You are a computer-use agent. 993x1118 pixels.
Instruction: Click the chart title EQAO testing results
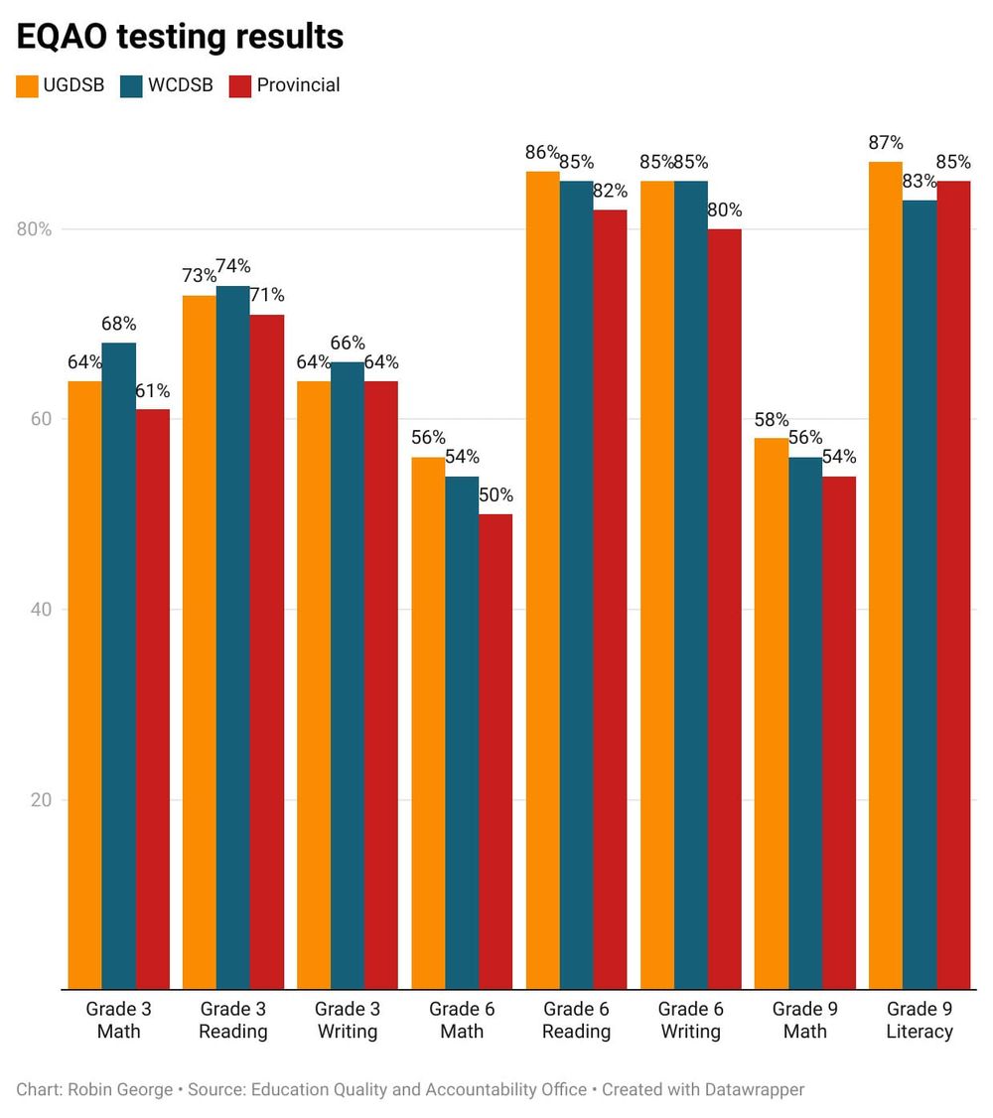180,37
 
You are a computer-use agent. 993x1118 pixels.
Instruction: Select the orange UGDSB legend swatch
27,85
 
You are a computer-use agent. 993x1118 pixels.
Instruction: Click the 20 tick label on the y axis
39,800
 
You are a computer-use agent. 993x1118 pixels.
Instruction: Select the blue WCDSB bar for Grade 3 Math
119,665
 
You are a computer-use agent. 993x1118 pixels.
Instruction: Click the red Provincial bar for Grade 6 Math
496,751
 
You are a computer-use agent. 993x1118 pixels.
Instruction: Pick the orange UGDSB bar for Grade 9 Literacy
886,576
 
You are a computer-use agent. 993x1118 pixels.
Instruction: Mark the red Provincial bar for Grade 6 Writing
725,609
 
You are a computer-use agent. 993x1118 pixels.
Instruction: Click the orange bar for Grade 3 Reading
199,641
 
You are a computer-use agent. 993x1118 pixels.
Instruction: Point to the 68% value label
118,324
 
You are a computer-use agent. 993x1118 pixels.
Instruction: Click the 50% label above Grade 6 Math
496,494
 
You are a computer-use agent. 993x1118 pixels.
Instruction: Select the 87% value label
886,142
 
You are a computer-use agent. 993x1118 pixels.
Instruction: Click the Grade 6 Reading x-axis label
576,1020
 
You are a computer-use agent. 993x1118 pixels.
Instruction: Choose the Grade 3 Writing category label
348,1020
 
